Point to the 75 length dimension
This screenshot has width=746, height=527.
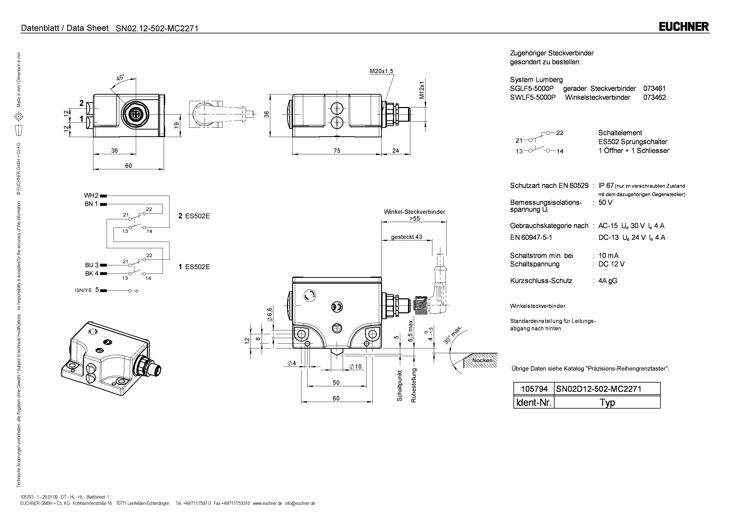[x=337, y=151]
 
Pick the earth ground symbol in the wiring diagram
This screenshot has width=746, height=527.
[x=136, y=291]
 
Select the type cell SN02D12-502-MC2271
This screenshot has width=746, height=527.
[x=598, y=389]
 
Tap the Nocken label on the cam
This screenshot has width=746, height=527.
[x=482, y=360]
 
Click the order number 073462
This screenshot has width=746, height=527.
[x=654, y=97]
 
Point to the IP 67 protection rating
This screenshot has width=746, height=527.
[x=606, y=186]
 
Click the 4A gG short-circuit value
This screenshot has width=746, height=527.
[x=608, y=281]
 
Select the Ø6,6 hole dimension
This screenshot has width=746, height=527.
[x=270, y=314]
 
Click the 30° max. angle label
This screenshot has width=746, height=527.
[x=453, y=335]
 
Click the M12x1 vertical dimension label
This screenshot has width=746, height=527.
[x=422, y=90]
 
